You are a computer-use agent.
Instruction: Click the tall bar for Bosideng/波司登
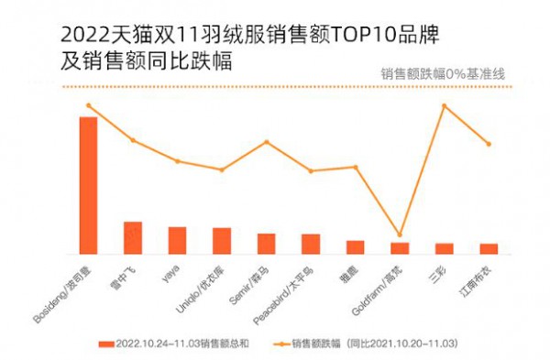[x=88, y=185]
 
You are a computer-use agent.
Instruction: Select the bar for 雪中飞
[x=133, y=237]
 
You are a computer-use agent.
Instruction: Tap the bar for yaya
[x=177, y=240]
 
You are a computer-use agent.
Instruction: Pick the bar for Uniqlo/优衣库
[x=222, y=240]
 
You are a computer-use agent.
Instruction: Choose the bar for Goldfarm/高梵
[x=400, y=247]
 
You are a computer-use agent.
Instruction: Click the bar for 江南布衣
[x=489, y=248]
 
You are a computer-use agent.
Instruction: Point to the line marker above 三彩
[x=444, y=106]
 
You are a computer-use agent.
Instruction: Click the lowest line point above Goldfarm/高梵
[x=400, y=235]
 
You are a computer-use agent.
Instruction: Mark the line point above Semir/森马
[x=266, y=142]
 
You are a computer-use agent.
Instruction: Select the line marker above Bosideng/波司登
[x=88, y=105]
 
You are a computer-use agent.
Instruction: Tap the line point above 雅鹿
[x=355, y=167]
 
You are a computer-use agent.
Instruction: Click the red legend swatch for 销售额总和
[x=104, y=344]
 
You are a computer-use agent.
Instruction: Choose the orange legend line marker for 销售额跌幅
[x=280, y=344]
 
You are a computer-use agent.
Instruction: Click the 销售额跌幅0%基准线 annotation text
[x=444, y=74]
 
